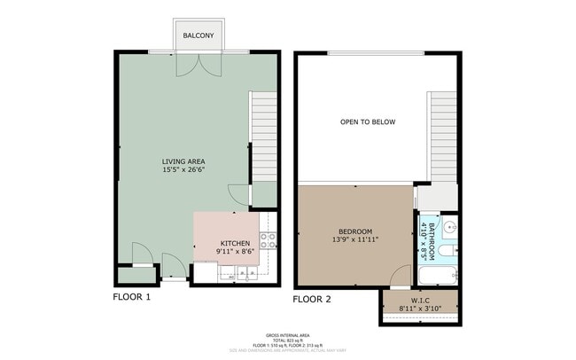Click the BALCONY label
click(198, 35)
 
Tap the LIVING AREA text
click(183, 161)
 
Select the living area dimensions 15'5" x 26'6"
click(183, 169)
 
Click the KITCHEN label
click(235, 243)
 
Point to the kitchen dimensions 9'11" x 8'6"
click(235, 252)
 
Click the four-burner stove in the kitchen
click(269, 239)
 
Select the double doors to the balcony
click(198, 64)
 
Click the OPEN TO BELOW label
click(368, 121)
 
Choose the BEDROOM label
click(355, 231)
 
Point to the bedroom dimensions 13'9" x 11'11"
click(355, 240)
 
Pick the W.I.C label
click(420, 300)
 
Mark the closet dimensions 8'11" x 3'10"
click(420, 309)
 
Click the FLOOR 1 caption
click(131, 297)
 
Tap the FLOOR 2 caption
click(311, 299)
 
